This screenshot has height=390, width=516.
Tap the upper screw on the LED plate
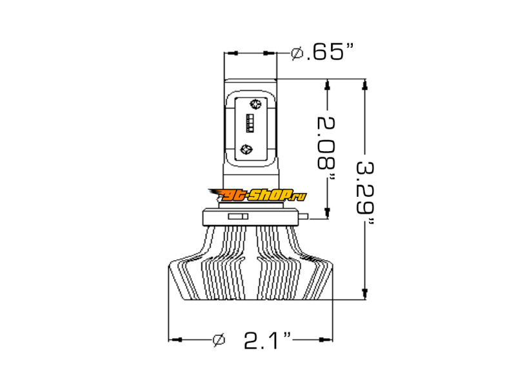click(255, 104)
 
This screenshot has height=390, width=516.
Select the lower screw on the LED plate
click(246, 149)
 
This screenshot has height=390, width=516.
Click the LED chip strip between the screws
click(250, 123)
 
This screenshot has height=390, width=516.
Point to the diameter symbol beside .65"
click(297, 53)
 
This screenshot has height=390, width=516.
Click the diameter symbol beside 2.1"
click(219, 340)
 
